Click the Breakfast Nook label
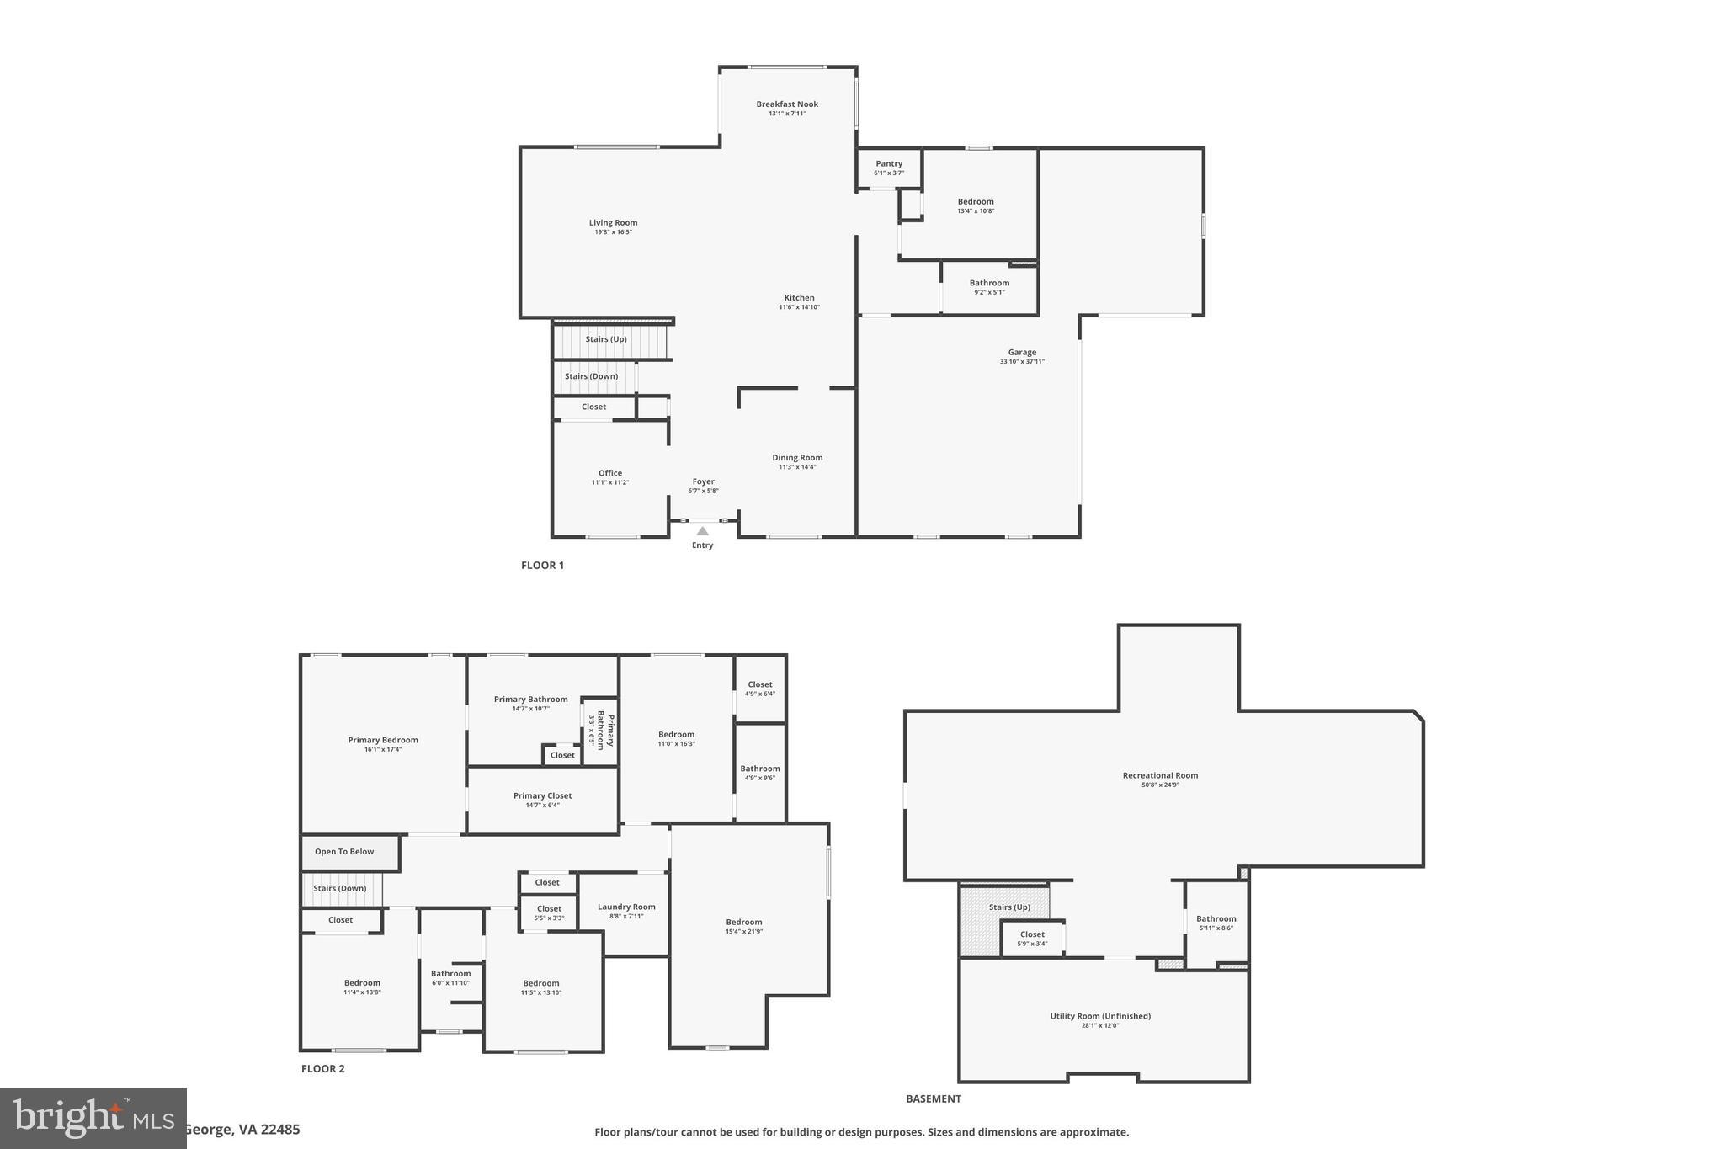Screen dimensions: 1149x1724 pyautogui.click(x=786, y=104)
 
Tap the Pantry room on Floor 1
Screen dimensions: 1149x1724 pyautogui.click(x=888, y=168)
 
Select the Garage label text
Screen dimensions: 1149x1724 pyautogui.click(x=1022, y=353)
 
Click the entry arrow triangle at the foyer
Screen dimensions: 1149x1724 pyautogui.click(x=702, y=531)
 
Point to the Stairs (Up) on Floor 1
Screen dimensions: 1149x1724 pyautogui.click(x=607, y=340)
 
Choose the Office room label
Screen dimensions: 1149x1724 pyautogui.click(x=609, y=473)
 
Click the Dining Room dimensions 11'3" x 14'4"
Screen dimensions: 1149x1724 pyautogui.click(x=797, y=467)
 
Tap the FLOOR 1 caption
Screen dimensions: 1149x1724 pyautogui.click(x=542, y=566)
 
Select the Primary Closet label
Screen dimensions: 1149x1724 pyautogui.click(x=542, y=795)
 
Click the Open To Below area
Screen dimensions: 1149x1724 pyautogui.click(x=344, y=852)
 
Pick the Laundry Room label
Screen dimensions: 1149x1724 pyautogui.click(x=626, y=907)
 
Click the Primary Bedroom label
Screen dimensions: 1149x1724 pyautogui.click(x=383, y=741)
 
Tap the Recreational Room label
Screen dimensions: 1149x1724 pyautogui.click(x=1160, y=776)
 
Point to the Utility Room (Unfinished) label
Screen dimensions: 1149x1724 pyautogui.click(x=1100, y=1016)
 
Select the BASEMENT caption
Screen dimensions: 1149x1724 pyautogui.click(x=933, y=1098)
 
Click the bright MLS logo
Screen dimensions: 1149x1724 pyautogui.click(x=93, y=1118)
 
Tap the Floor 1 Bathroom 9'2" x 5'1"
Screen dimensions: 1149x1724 pyautogui.click(x=989, y=287)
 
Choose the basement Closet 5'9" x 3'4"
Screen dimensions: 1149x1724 pyautogui.click(x=1032, y=938)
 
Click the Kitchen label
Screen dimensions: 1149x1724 pyautogui.click(x=799, y=298)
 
